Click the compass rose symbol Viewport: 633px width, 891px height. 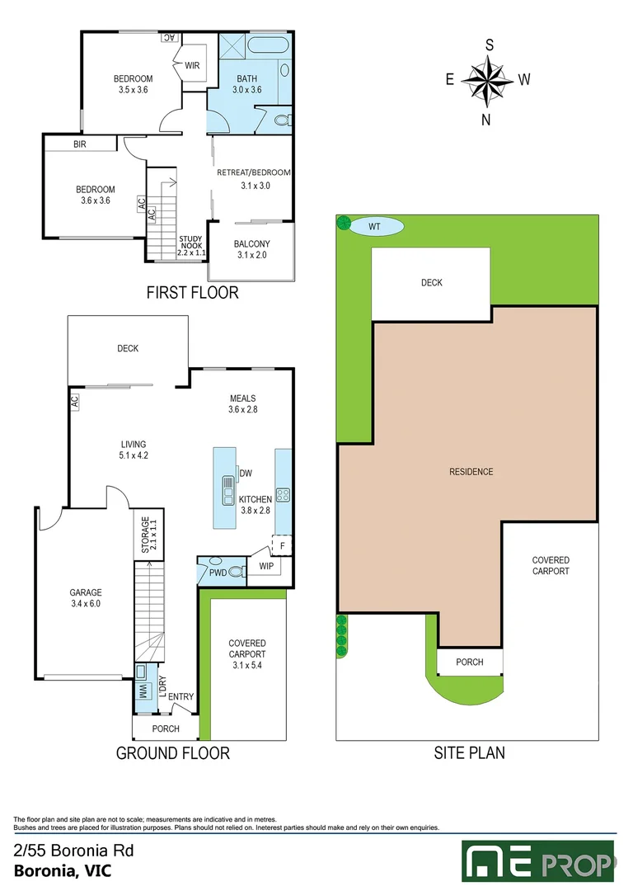click(x=489, y=80)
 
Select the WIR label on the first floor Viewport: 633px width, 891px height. click(x=193, y=66)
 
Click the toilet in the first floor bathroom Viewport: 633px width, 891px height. click(x=281, y=122)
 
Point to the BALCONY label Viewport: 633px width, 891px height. click(x=251, y=244)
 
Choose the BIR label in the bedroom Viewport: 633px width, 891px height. click(x=80, y=144)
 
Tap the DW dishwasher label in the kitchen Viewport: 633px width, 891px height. click(x=246, y=473)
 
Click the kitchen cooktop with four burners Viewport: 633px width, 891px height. click(x=283, y=495)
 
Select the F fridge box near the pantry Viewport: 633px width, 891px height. click(x=282, y=545)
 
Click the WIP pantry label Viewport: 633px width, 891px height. click(x=266, y=567)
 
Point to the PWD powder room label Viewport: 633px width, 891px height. click(x=218, y=573)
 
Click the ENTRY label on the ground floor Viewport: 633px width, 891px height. click(x=181, y=697)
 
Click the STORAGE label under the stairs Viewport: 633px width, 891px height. click(x=145, y=535)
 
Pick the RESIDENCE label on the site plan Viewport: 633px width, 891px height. click(x=471, y=472)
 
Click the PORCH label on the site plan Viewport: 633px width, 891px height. click(x=469, y=662)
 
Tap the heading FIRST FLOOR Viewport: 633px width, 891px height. click(x=192, y=292)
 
